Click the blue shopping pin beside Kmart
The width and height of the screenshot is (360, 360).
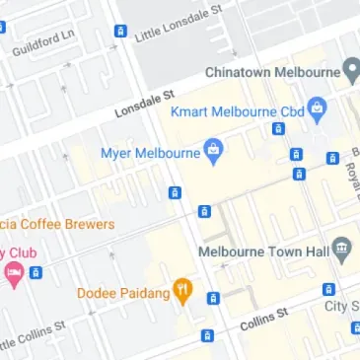point(317,108)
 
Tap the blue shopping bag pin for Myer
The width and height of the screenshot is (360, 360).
point(212,150)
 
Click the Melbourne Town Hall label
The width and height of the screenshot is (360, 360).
point(261,251)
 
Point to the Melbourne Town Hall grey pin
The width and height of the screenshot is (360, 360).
point(342,249)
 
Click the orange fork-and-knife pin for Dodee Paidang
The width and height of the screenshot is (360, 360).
point(182,290)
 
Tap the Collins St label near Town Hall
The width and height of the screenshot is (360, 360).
point(262,315)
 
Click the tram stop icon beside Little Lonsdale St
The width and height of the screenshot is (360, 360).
point(120,32)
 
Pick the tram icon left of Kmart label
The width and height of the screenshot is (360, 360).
point(277,129)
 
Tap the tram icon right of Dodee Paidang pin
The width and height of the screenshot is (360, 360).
point(213,298)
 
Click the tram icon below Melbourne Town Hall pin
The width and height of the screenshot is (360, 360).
point(328,290)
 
